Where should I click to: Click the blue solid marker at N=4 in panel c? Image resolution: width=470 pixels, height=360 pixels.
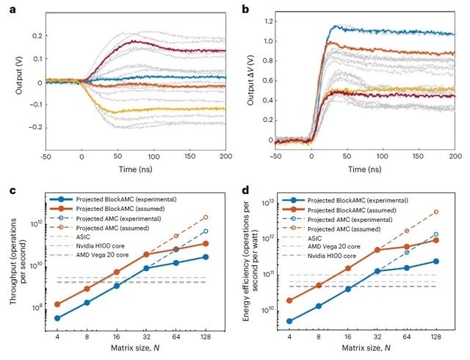(x=57, y=318)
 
